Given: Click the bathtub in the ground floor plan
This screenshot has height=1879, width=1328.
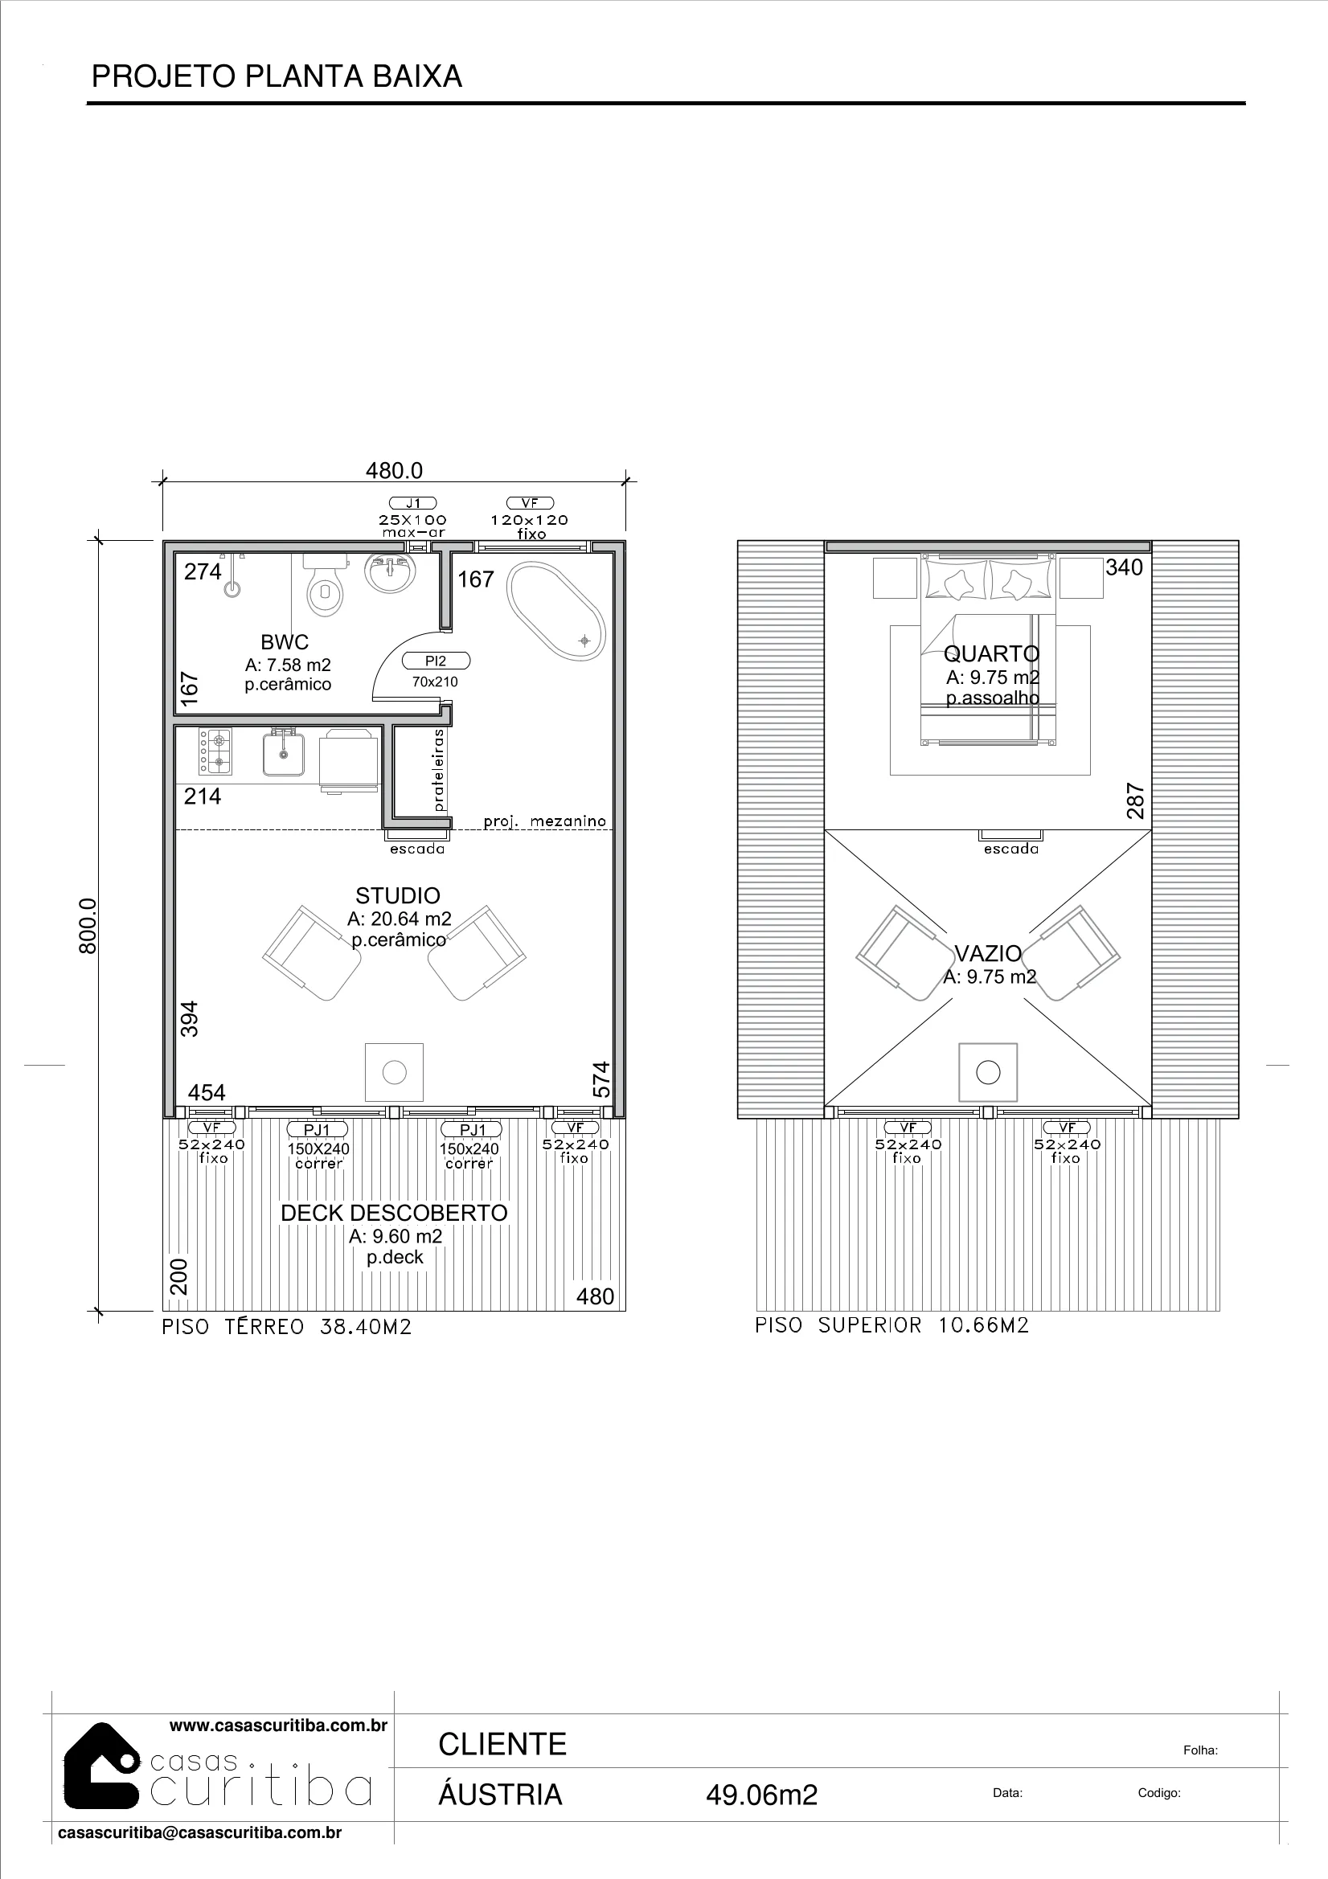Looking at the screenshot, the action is [557, 610].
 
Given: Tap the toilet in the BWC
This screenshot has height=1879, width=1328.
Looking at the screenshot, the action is [326, 584].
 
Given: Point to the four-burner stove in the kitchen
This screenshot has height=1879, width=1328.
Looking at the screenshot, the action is [215, 751].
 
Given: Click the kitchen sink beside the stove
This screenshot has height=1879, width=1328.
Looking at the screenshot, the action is [283, 752].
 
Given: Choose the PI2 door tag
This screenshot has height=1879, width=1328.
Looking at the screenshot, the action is [436, 661].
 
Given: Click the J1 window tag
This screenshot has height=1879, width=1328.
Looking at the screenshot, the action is [412, 502].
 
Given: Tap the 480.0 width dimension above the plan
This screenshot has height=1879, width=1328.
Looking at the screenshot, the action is [394, 471].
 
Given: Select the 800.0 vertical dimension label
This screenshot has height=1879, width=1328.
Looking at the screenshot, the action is [88, 925].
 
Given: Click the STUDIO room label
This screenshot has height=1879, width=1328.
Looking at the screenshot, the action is [398, 895].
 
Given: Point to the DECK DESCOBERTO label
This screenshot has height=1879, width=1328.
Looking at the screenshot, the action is [394, 1213].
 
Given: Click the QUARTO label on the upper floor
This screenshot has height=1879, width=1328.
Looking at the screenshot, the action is [991, 654].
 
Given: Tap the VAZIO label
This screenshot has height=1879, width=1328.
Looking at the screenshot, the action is [988, 953].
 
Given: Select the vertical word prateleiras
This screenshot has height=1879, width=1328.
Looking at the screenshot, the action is [439, 770].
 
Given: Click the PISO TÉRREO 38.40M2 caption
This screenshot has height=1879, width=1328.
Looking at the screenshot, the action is [286, 1327].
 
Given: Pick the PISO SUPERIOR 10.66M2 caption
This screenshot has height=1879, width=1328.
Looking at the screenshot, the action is [891, 1325].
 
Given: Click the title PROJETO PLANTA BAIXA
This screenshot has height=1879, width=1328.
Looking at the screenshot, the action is [277, 76].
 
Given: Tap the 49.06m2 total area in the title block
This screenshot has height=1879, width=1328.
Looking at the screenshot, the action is [761, 1795].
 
